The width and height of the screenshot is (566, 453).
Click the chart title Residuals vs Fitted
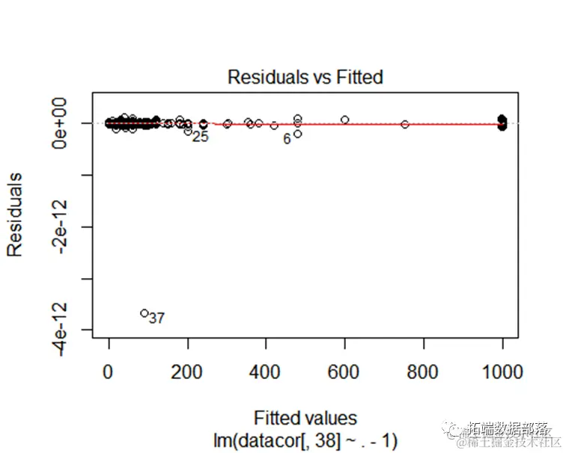coord(305,77)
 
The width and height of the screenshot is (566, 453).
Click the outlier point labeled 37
coord(144,313)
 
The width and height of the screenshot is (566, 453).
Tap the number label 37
coord(156,318)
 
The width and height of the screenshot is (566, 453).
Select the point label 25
coord(200,137)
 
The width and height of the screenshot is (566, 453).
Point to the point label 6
coord(287,139)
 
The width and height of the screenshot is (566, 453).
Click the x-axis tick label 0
coord(109,372)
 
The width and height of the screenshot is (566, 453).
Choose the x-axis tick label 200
coord(188,372)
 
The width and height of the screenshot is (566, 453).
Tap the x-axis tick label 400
coord(267,372)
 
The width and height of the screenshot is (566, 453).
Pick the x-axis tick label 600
coord(345,372)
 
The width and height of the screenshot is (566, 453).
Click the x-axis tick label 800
coord(424,372)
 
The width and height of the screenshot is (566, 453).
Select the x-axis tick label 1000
coord(502,372)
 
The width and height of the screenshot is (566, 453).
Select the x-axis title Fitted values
coord(305,418)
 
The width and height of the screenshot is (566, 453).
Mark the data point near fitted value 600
coord(345,120)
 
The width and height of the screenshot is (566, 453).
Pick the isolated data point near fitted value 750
coord(405,124)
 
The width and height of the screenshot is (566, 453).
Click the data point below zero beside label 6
coord(298,134)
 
